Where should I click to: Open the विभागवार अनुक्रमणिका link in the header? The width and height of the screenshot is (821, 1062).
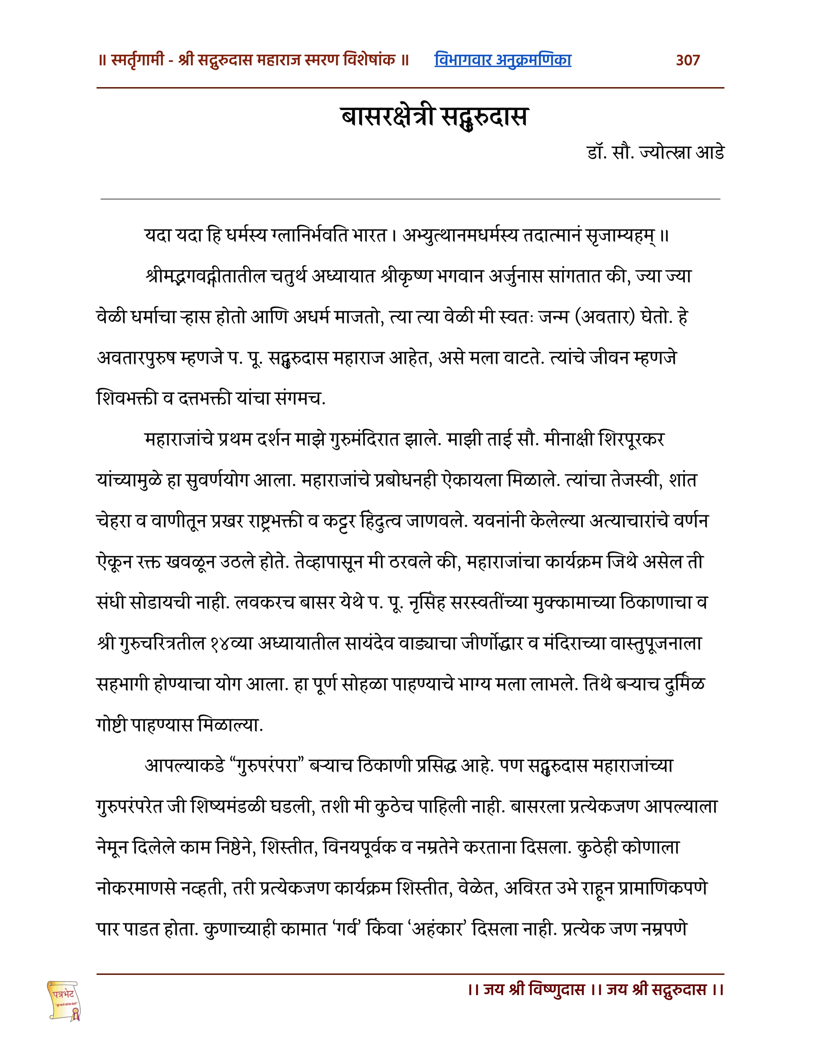(503, 60)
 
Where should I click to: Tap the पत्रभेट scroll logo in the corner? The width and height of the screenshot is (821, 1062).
(64, 1000)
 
